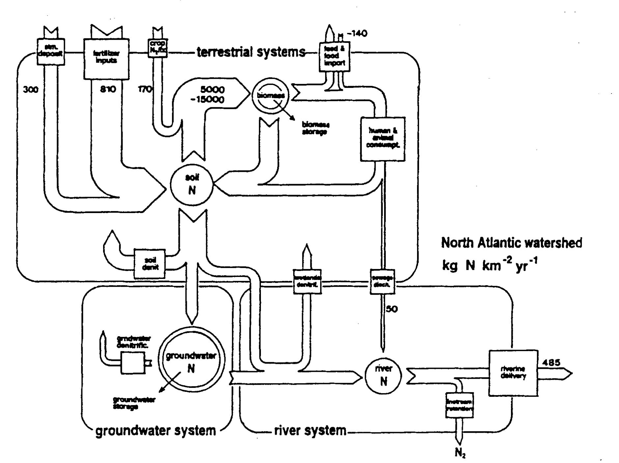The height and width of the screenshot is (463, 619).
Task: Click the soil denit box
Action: tap(150, 264)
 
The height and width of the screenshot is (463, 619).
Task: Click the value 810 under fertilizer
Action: tap(108, 89)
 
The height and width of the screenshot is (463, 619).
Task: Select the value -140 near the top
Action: tap(356, 33)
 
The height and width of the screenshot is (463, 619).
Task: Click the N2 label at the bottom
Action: tap(460, 453)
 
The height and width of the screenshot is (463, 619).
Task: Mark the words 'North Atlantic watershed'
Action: tap(511, 243)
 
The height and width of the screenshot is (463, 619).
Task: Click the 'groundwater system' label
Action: tap(155, 431)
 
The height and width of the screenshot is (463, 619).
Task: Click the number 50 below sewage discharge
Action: tap(392, 309)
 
